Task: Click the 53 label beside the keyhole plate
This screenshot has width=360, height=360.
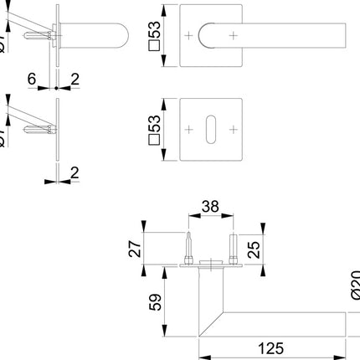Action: pos(154,129)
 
